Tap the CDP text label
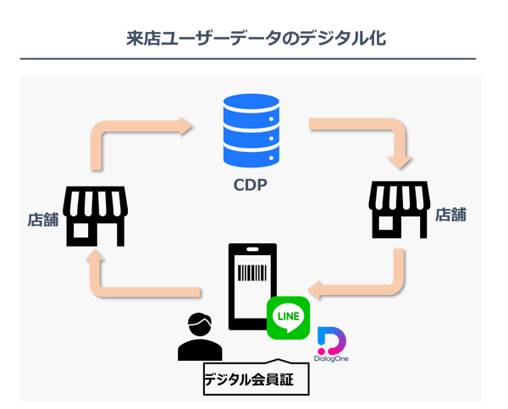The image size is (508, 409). [251, 183]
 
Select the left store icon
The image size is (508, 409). [97, 217]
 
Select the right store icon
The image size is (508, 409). [399, 210]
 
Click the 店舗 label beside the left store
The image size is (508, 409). [42, 220]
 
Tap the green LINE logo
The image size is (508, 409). [288, 319]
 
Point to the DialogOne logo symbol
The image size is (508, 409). [331, 339]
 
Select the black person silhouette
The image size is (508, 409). [200, 337]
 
